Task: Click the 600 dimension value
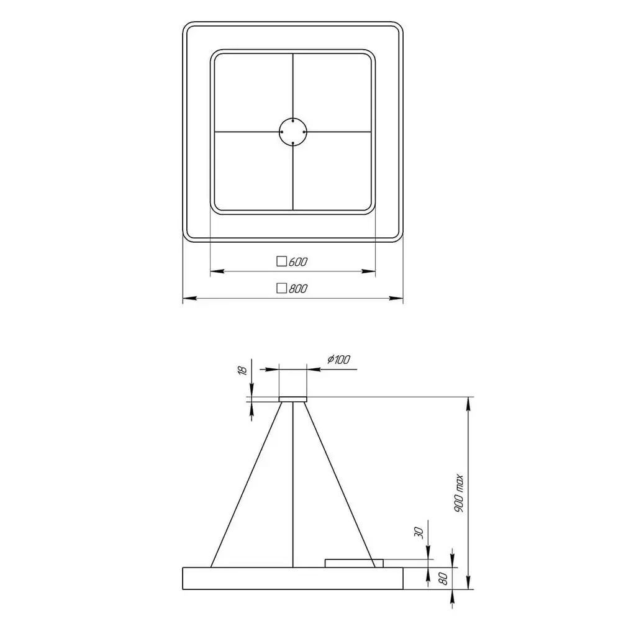[298, 262]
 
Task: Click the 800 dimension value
[298, 289]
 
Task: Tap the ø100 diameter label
[338, 360]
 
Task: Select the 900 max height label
[459, 493]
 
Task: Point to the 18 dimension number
[242, 370]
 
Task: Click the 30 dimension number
[419, 533]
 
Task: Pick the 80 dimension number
[443, 579]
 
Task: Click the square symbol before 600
[281, 261]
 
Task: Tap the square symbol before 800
[281, 288]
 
